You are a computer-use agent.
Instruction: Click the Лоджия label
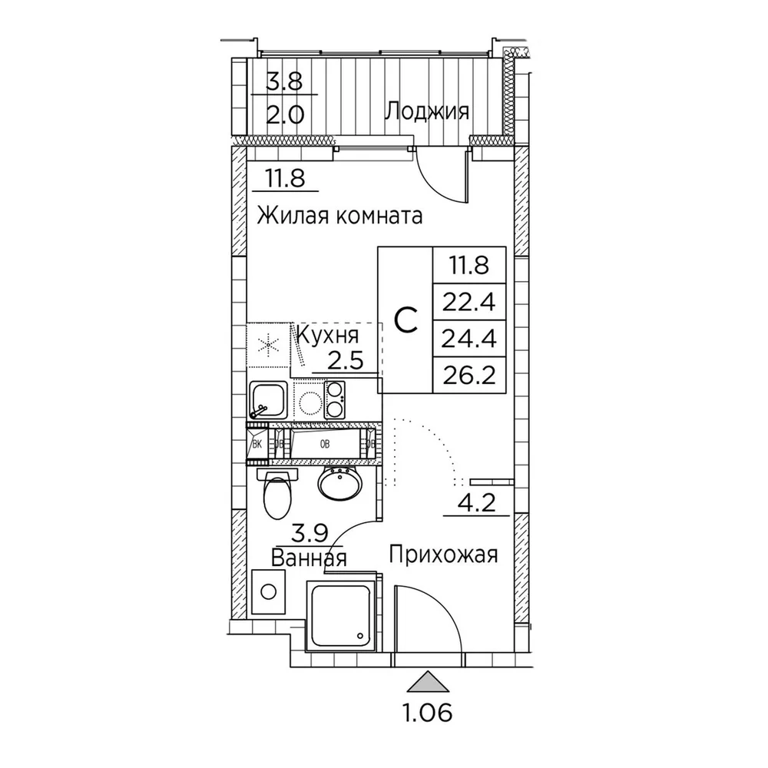click(426, 113)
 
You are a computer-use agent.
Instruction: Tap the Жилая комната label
click(340, 215)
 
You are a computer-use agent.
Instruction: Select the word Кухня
click(328, 336)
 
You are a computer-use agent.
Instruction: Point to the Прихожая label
click(444, 554)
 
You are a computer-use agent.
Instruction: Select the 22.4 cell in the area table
click(469, 302)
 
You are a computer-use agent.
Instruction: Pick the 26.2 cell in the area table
click(469, 375)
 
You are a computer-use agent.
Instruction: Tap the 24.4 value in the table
click(469, 339)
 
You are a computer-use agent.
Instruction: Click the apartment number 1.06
click(427, 714)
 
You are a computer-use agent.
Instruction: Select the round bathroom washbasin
click(339, 485)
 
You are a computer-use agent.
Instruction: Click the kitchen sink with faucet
click(268, 399)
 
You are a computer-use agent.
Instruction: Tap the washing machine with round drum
click(268, 591)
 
